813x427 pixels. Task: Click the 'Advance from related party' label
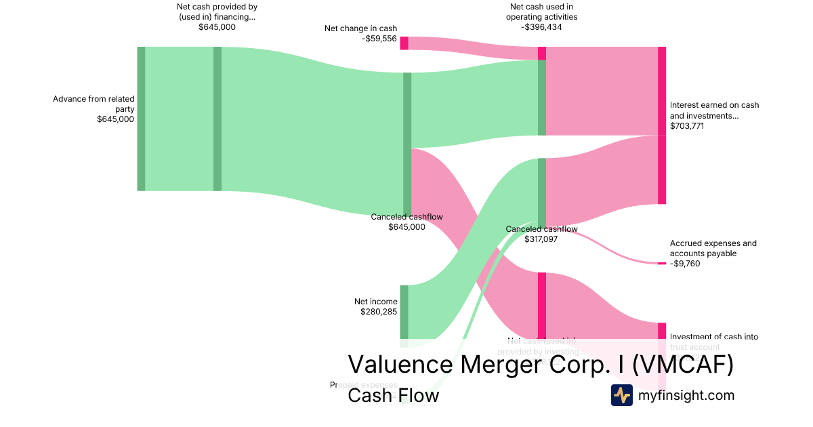[93, 104]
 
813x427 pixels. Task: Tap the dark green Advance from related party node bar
[141, 119]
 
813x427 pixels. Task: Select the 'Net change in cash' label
[360, 28]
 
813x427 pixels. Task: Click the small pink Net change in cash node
[404, 43]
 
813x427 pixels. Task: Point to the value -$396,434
[541, 27]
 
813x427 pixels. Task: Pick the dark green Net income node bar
[404, 312]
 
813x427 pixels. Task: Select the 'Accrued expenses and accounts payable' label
[713, 248]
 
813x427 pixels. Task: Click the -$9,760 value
[685, 264]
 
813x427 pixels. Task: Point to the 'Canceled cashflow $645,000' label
[406, 222]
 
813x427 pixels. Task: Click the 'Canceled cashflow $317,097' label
[541, 234]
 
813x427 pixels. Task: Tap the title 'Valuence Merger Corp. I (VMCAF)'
[541, 365]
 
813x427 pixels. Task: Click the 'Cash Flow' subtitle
[393, 395]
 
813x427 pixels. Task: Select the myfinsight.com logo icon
[621, 395]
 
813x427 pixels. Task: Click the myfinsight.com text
[686, 395]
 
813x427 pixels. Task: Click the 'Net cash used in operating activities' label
[541, 12]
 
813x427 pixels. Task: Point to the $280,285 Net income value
[379, 312]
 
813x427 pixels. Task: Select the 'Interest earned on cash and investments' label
[714, 110]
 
